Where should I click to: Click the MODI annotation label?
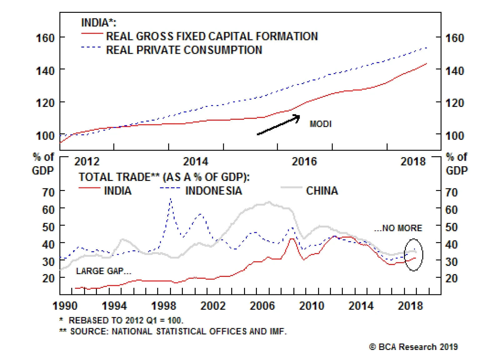pos(320,124)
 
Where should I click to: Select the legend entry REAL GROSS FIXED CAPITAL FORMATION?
pos(212,36)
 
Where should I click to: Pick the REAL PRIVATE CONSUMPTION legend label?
pos(184,50)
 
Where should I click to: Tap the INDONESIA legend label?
pos(213,191)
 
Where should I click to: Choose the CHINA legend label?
pos(322,191)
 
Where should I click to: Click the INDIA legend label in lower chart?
pos(117,191)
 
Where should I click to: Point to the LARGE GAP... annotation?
pos(103,271)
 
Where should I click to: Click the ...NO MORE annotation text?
pos(398,228)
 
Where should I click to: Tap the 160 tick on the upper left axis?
pos(45,38)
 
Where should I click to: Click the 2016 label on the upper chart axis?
pos(304,162)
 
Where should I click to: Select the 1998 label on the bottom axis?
pos(163,306)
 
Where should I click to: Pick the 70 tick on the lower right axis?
pos(452,192)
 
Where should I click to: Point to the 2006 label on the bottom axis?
pos(262,306)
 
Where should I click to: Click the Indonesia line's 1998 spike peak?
pos(171,198)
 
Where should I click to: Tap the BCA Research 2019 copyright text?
pos(413,347)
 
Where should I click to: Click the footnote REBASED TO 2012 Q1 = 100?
pos(126,320)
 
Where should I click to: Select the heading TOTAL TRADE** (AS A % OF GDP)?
pos(164,177)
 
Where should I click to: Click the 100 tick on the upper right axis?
pos(455,136)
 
